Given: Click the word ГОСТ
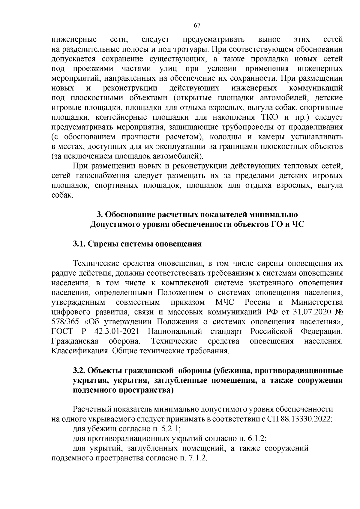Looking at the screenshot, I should [62, 331].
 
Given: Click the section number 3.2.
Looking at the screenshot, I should [79, 371].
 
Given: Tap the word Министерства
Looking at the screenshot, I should [317, 302].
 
